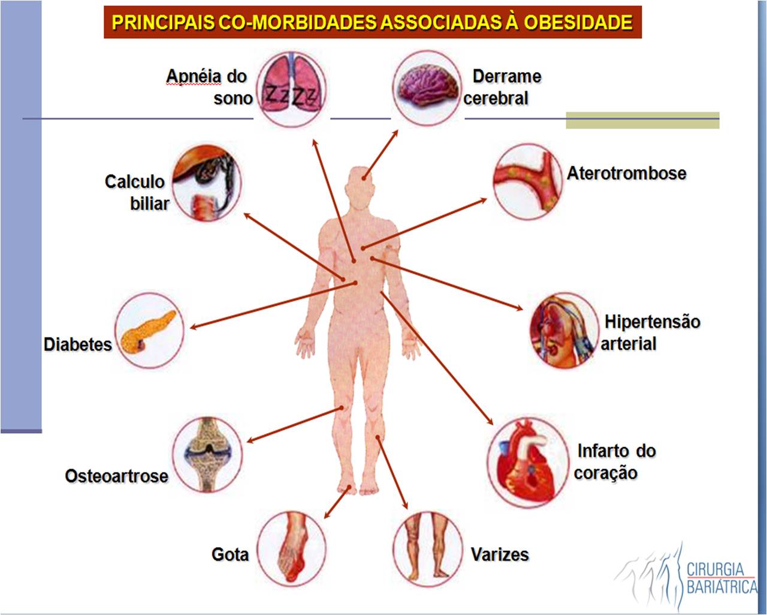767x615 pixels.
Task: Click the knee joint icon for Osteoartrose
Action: click(x=207, y=454)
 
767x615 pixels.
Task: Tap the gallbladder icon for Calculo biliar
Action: click(x=207, y=182)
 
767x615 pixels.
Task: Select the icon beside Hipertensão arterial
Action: click(x=563, y=331)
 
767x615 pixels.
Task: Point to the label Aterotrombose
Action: click(x=626, y=173)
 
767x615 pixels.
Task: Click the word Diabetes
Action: click(x=78, y=344)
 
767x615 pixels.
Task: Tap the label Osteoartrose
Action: click(x=116, y=476)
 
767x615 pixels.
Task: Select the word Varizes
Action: click(x=500, y=554)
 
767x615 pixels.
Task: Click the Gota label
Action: click(x=230, y=554)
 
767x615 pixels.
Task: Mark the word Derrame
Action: click(x=506, y=77)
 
